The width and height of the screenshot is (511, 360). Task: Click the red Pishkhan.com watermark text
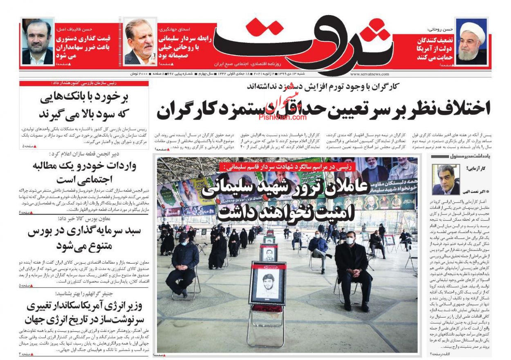(282, 117)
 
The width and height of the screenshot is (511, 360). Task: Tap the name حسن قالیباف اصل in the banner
(78, 29)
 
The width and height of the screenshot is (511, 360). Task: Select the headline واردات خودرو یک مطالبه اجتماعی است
(84, 172)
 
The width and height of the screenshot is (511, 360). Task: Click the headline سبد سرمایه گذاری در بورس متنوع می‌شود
(84, 239)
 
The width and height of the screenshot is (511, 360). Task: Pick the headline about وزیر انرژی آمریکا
(84, 312)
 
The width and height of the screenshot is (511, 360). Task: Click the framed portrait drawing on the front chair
(267, 283)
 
